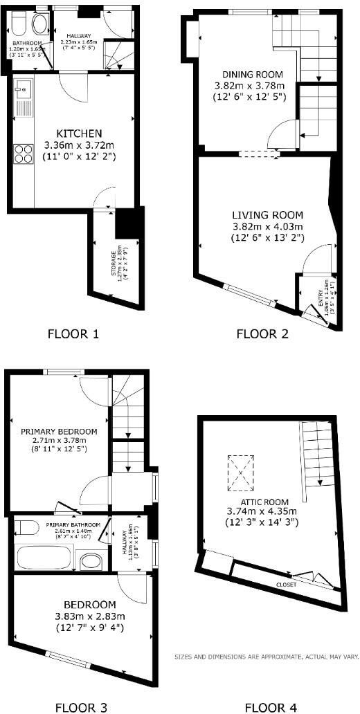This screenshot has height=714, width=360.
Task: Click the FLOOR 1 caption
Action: [73, 333]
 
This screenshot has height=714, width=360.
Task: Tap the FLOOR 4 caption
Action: [271, 707]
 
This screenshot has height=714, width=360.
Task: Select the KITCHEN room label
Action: [79, 133]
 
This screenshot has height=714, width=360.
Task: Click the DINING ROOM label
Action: [249, 75]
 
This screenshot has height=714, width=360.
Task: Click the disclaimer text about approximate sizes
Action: [266, 657]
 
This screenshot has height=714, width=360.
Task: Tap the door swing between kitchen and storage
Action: [105, 199]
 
